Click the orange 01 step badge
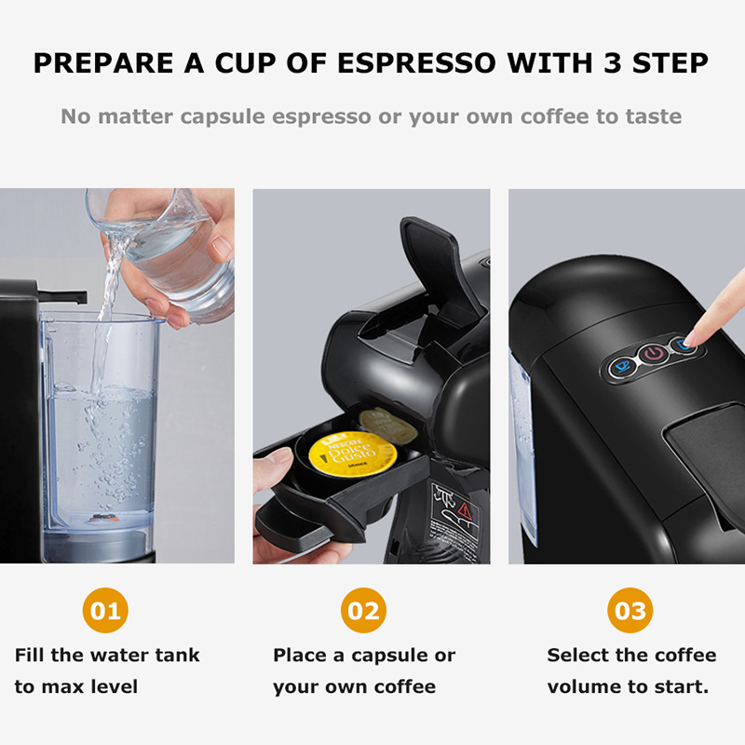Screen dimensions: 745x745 105,611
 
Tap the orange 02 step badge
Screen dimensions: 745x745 363,611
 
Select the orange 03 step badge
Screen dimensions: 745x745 630,611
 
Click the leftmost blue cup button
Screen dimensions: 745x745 620,367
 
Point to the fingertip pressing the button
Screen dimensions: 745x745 700,330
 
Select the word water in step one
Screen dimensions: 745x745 120,655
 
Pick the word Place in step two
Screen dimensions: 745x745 300,655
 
